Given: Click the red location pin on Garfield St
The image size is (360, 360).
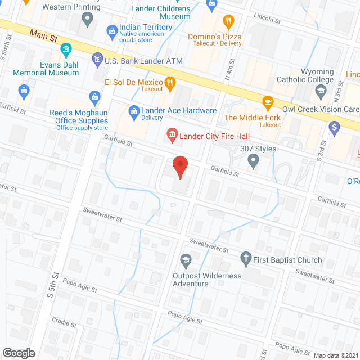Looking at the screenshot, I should (179, 167).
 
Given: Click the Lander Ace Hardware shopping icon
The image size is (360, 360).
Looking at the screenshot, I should (134, 111).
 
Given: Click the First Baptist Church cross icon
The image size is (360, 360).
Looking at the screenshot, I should (245, 259).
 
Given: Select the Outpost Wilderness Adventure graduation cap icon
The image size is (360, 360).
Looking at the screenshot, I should (184, 260).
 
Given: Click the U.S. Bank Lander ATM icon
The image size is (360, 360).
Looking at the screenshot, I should (97, 59).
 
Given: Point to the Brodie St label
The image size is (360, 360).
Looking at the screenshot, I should (65, 323).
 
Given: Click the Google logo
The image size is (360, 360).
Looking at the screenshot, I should (19, 353).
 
